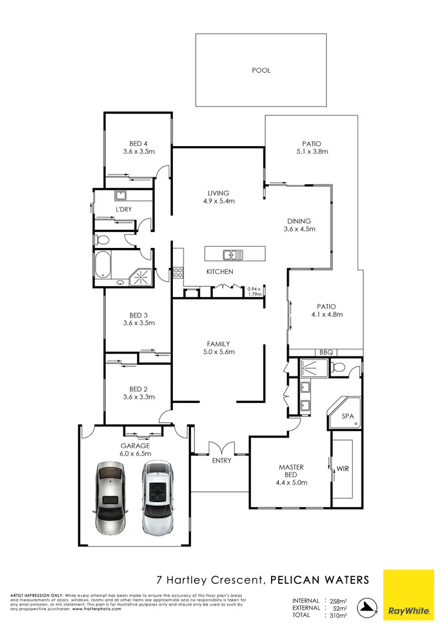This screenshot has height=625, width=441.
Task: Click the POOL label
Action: pos(261,70)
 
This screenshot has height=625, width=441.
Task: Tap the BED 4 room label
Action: pos(139,143)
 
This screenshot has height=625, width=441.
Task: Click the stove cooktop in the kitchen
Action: pos(178,272)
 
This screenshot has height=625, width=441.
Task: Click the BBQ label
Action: pos(326,352)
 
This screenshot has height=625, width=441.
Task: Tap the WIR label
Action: pos(343,469)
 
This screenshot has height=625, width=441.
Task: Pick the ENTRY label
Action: pos(222,461)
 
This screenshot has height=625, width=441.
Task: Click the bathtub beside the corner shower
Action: pos(103,266)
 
